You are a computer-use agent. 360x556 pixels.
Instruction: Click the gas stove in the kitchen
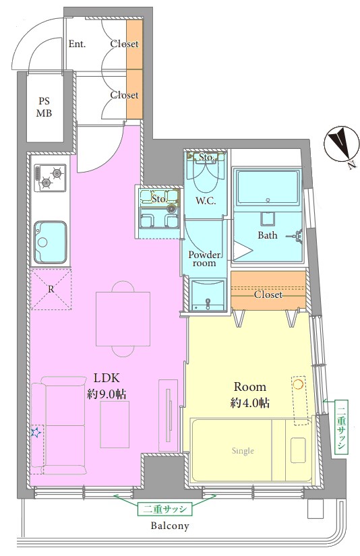(x=50, y=177)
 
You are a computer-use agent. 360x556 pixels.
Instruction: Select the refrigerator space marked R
(x=51, y=289)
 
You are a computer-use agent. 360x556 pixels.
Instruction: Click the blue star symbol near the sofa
(x=36, y=432)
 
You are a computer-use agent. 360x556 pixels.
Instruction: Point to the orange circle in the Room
(x=297, y=383)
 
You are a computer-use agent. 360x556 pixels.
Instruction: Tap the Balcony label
(x=170, y=526)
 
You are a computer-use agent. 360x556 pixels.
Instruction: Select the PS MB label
(x=45, y=107)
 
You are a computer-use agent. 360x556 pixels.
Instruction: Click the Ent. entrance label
(x=78, y=44)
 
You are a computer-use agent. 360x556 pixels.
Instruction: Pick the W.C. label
(x=206, y=201)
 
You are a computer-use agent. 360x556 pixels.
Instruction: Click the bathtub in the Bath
(x=268, y=188)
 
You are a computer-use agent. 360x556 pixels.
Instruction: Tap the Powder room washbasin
(x=208, y=295)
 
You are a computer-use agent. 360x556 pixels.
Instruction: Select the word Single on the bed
(x=243, y=451)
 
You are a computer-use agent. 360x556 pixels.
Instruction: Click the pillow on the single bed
(x=298, y=450)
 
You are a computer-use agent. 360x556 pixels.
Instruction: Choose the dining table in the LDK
(x=123, y=319)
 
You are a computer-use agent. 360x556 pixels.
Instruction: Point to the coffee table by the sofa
(x=115, y=424)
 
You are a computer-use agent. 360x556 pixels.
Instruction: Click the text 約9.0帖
(x=107, y=394)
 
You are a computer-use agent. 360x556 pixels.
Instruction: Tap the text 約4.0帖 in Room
(x=249, y=403)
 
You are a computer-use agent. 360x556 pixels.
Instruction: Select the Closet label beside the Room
(x=268, y=295)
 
